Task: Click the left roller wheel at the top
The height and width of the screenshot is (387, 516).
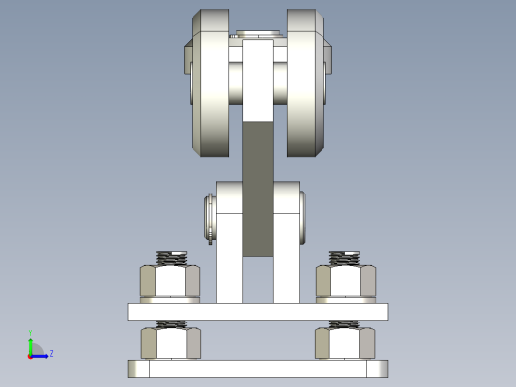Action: (x=209, y=84)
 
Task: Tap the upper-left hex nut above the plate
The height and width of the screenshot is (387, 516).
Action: (x=171, y=282)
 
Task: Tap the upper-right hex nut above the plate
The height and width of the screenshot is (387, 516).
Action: (x=345, y=282)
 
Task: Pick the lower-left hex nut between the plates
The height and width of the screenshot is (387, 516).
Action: (x=171, y=343)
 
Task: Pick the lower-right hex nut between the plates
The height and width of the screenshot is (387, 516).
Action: (x=345, y=343)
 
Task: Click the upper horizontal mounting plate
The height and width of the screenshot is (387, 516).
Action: (x=258, y=312)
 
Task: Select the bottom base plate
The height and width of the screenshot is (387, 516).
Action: (x=258, y=369)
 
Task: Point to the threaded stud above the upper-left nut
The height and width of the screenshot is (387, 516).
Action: (x=172, y=258)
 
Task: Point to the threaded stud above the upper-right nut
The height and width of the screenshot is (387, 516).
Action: (x=345, y=258)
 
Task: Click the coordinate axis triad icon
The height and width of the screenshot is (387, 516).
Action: (x=34, y=349)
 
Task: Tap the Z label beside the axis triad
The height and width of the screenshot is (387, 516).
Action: (x=51, y=353)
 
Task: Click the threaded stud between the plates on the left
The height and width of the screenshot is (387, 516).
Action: (x=172, y=323)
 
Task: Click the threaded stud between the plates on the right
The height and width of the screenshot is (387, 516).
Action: (x=345, y=323)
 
